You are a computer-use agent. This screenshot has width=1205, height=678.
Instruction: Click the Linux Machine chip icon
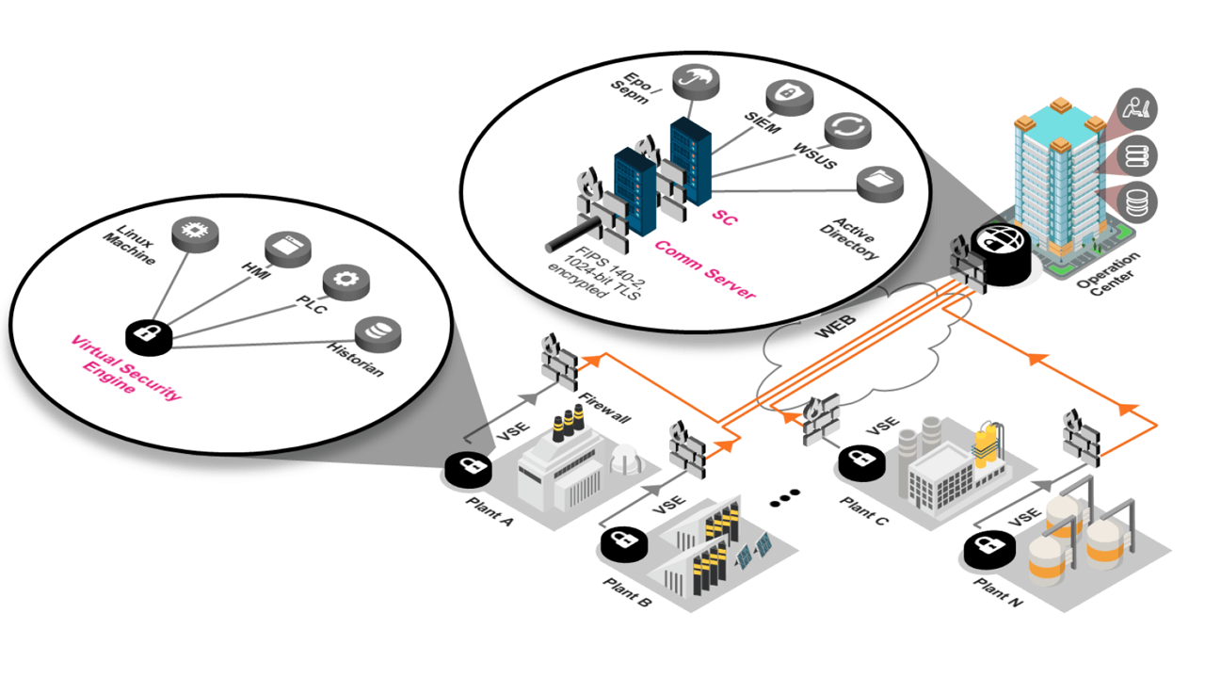195,231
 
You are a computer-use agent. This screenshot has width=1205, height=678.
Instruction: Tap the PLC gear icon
345,282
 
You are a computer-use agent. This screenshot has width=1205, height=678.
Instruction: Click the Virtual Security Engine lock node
149,333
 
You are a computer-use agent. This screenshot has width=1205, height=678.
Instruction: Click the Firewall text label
605,407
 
